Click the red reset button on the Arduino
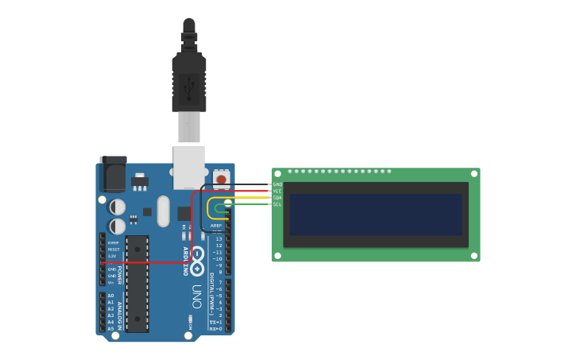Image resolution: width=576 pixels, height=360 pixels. coord(221,179)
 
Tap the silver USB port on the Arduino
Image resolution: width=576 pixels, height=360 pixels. coord(189,166)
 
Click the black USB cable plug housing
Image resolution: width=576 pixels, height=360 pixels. coord(189,83)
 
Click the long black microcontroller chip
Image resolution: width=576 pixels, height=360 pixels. coord(137,284)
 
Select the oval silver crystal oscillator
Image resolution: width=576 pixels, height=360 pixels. coord(164,211)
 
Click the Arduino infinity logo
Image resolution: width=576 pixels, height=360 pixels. coord(197,256)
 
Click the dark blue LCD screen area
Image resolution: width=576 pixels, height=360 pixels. coord(376,214)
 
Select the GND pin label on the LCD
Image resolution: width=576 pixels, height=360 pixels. coord(277,184)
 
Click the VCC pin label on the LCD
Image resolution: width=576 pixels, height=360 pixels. coord(277,191)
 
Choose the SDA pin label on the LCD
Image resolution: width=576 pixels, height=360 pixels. coord(277,198)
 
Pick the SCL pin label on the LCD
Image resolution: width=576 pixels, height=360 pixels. coord(277,204)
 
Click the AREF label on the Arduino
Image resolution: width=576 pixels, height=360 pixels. coord(216,226)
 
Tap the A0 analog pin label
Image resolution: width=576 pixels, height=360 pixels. coord(110,296)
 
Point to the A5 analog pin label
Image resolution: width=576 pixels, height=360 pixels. coord(110,328)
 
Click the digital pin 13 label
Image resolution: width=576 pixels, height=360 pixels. coord(219,238)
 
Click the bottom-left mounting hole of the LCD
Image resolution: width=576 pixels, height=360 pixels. coord(276,256)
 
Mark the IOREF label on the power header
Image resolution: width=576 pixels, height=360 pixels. coord(113,242)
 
